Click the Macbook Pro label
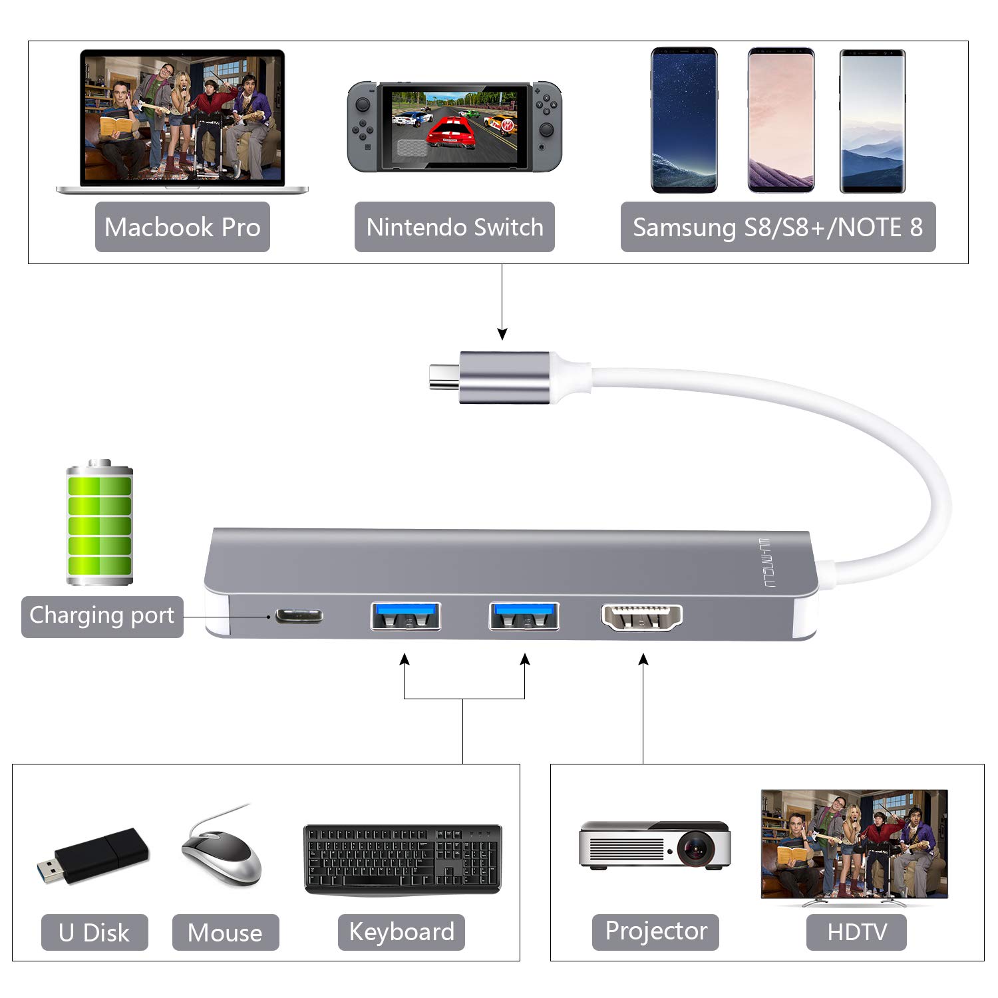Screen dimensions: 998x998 tap(182, 227)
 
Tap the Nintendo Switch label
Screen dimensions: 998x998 tap(454, 227)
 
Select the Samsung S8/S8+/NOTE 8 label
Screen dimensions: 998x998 tap(778, 227)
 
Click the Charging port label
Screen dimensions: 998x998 tap(102, 616)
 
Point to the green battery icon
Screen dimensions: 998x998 tap(100, 523)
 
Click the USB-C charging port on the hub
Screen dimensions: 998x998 tap(299, 616)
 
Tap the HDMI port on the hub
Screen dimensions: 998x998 tap(642, 617)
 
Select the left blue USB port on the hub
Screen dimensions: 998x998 tap(406, 616)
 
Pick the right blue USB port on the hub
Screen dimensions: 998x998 tap(524, 616)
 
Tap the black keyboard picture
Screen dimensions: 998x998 tap(403, 860)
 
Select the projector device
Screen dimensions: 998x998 tap(655, 845)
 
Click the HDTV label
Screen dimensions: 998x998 tap(856, 932)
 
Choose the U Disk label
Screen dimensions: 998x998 tap(94, 933)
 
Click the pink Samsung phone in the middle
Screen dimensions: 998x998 tap(780, 120)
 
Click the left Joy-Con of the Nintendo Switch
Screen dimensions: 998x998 tap(363, 126)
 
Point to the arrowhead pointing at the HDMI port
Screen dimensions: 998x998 tap(643, 659)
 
